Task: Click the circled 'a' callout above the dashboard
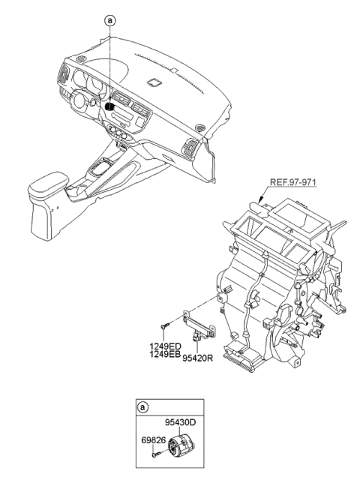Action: tap(110, 21)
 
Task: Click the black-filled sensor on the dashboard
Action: tap(109, 107)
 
